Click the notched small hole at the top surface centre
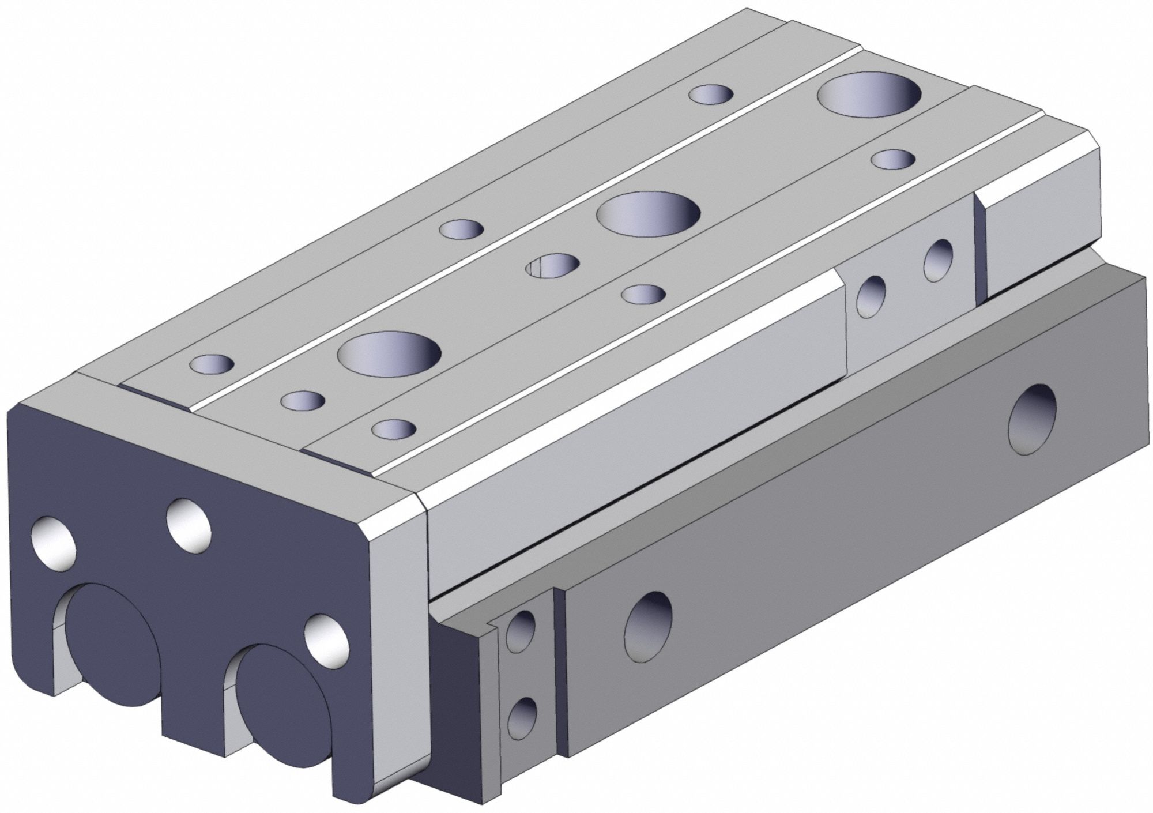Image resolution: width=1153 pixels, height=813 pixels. [x=553, y=266]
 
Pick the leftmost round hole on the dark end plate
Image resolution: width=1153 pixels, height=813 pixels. [x=55, y=541]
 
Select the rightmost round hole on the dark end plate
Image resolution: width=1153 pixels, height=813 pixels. [x=327, y=638]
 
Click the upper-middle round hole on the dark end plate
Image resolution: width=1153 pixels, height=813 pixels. [x=189, y=521]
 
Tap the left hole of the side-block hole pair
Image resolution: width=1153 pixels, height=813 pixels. [x=871, y=295]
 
